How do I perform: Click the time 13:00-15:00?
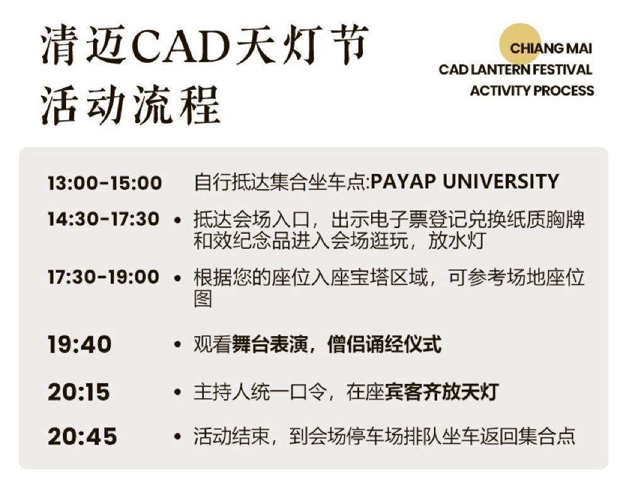pyautogui.click(x=104, y=183)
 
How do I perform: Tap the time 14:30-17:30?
pyautogui.click(x=104, y=219)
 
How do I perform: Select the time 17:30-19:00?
pyautogui.click(x=104, y=277)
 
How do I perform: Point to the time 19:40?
pyautogui.click(x=79, y=344)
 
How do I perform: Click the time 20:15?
pyautogui.click(x=79, y=391)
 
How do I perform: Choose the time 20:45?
pyautogui.click(x=82, y=436)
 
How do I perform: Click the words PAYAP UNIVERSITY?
pyautogui.click(x=465, y=181)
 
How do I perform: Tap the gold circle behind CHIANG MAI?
pyautogui.click(x=520, y=44)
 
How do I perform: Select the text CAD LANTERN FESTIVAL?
pyautogui.click(x=516, y=69)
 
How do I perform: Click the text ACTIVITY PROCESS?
pyautogui.click(x=532, y=90)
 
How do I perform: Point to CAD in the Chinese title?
pyautogui.click(x=181, y=46)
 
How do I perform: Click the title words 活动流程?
pyautogui.click(x=131, y=104)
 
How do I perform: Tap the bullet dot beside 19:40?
pyautogui.click(x=178, y=344)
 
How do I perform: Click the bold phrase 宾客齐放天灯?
pyautogui.click(x=442, y=391)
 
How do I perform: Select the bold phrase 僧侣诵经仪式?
pyautogui.click(x=384, y=344)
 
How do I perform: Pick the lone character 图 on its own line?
pyautogui.click(x=203, y=298)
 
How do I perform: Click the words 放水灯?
pyautogui.click(x=457, y=241)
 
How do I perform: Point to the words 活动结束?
pyautogui.click(x=231, y=436)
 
